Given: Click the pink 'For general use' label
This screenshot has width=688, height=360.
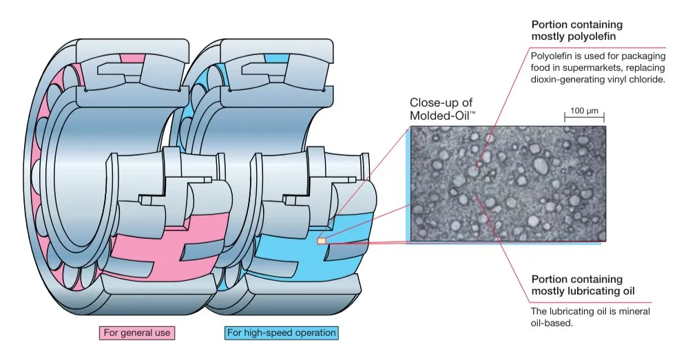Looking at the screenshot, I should click(x=136, y=333).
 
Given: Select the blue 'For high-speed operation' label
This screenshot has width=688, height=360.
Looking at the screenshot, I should click(x=281, y=333).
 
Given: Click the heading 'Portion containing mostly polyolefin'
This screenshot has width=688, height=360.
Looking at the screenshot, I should click(x=577, y=30).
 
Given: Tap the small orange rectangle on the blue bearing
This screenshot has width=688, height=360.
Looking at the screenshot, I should click(x=321, y=241).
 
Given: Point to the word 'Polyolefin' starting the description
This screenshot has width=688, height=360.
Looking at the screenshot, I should click(x=552, y=54).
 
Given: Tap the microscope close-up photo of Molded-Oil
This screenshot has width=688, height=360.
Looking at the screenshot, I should click(x=506, y=183).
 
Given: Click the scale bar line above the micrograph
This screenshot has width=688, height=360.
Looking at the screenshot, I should click(x=585, y=118).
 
